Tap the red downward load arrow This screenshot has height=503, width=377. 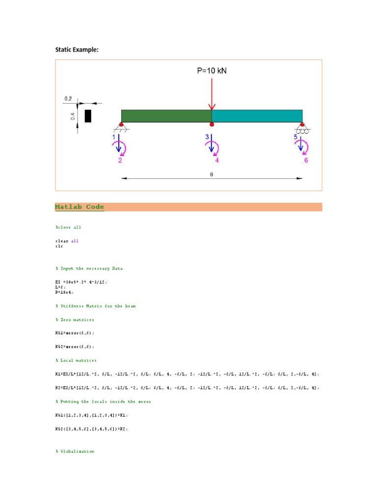tap(212, 93)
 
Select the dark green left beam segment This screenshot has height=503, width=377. tap(166, 116)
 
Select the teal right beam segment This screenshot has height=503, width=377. tap(257, 116)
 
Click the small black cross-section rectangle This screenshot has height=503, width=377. tap(88, 116)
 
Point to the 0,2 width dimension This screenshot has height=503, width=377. tap(68, 99)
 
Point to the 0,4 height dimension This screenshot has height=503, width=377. tap(72, 116)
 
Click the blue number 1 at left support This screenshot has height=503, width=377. tap(114, 137)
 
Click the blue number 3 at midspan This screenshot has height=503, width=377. tap(207, 137)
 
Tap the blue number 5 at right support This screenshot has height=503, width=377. tap(296, 137)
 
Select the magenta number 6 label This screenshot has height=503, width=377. tap(306, 160)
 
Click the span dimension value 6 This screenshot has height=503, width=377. tap(212, 174)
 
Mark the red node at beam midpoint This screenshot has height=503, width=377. tap(212, 123)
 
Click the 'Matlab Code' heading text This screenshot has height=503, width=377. tap(80, 207)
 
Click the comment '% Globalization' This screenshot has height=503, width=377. tap(75, 451)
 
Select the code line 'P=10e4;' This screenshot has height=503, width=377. tap(63, 292)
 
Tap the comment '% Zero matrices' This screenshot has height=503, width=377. tap(75, 320)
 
